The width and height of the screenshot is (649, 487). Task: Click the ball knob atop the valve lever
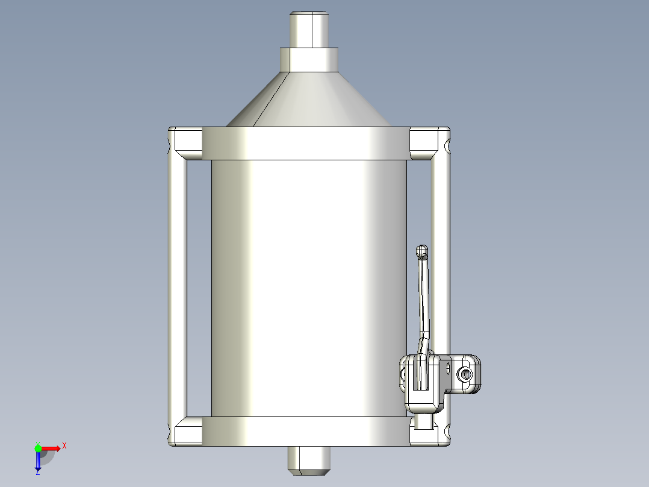coord(423,251)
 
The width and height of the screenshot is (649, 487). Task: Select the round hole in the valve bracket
coord(465,375)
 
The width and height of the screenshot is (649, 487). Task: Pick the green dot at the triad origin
coord(38,448)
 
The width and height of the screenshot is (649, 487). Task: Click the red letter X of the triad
coord(64,445)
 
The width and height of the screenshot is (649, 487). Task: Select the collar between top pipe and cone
coord(310,59)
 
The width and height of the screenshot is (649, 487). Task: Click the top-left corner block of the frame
coord(186,142)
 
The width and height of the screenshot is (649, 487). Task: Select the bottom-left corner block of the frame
coord(186,433)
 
